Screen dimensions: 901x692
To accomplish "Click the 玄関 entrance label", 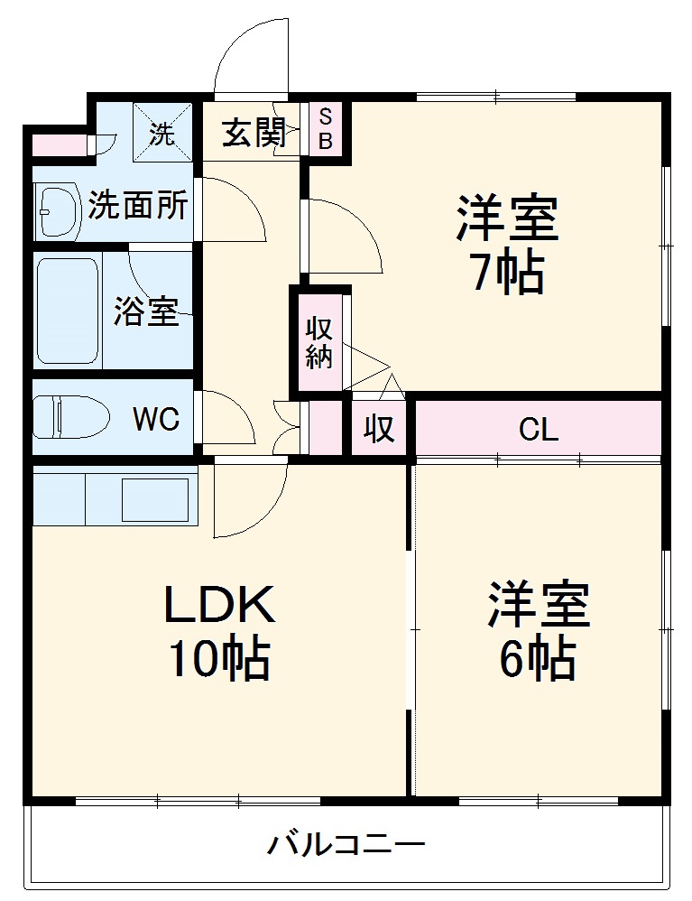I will pyautogui.click(x=254, y=133).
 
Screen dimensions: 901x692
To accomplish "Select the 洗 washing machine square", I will pyautogui.click(x=163, y=134).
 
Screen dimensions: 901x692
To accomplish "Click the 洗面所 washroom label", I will pyautogui.click(x=138, y=207).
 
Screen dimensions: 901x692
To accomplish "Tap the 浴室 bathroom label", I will pyautogui.click(x=145, y=311).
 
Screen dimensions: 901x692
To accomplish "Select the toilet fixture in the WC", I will pyautogui.click(x=69, y=417).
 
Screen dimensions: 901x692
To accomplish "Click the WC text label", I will pyautogui.click(x=156, y=419).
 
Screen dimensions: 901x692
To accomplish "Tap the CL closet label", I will pyautogui.click(x=539, y=430).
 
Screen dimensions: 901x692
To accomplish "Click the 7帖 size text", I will pyautogui.click(x=507, y=271).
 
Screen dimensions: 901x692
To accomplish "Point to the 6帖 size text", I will pyautogui.click(x=539, y=658).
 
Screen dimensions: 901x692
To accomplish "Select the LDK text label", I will pyautogui.click(x=219, y=606).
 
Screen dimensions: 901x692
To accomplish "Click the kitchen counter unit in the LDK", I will pyautogui.click(x=115, y=496).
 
